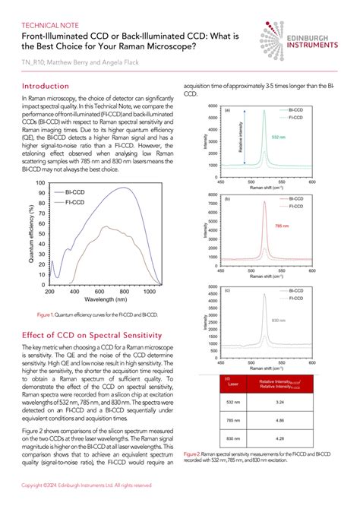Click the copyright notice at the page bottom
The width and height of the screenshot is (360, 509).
[86, 484]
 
